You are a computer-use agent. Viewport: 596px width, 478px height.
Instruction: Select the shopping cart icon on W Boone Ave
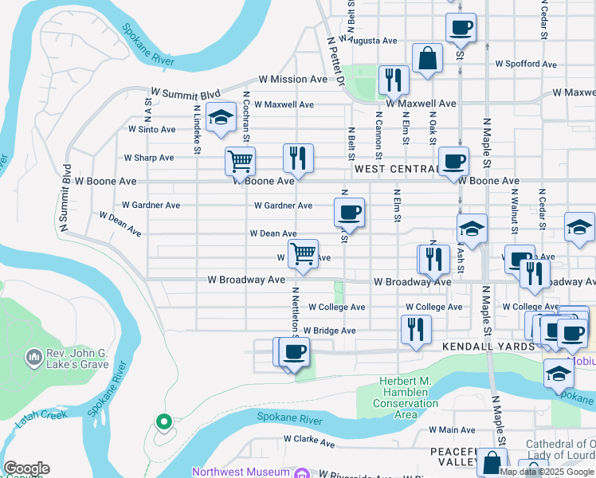click(x=240, y=161)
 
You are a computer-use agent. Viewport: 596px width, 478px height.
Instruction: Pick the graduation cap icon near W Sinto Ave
click(x=221, y=118)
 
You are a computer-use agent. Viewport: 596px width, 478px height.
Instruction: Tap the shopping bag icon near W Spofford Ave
click(x=428, y=58)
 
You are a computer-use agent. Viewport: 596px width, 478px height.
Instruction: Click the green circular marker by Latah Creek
click(x=164, y=421)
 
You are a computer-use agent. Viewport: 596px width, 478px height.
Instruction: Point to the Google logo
click(x=26, y=468)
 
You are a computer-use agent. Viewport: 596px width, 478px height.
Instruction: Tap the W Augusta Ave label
click(x=367, y=40)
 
